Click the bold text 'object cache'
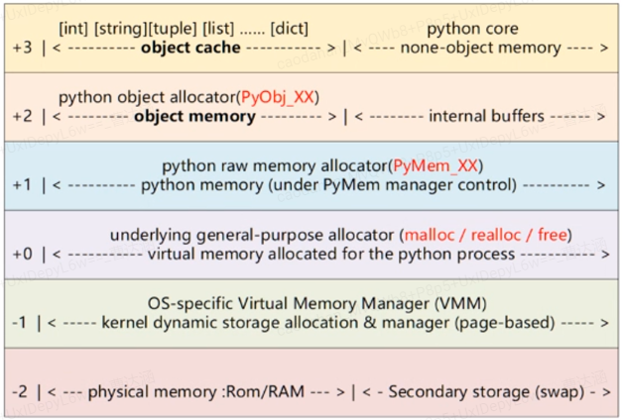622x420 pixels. [x=190, y=47]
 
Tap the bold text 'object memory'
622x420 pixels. [x=194, y=116]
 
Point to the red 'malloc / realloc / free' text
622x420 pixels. [x=485, y=235]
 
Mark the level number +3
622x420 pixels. [x=22, y=47]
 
